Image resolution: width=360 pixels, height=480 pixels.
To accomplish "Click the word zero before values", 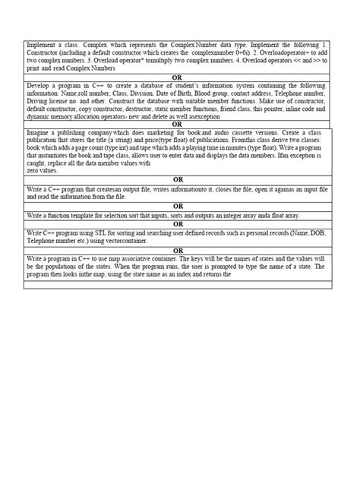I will coord(33,171).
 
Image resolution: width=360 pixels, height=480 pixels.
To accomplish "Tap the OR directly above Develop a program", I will coord(179,77).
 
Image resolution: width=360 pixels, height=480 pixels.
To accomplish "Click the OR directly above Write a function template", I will coord(179,206).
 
